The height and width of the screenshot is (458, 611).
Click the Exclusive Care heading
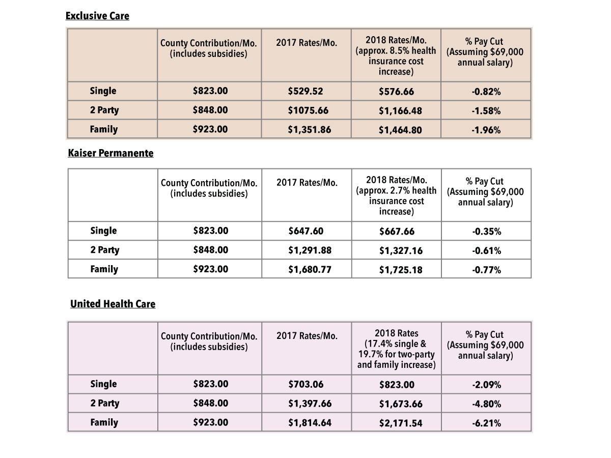97,16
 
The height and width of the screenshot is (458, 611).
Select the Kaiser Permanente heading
110,153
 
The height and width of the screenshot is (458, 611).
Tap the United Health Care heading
113,304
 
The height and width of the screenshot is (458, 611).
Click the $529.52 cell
305,91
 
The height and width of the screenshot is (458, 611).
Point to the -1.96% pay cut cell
486,130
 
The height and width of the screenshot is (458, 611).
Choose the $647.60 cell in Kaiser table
305,231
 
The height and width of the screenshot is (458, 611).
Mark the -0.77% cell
486,270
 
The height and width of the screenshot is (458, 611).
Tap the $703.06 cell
305,384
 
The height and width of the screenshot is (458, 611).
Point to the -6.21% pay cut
486,423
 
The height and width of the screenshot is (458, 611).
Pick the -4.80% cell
486,404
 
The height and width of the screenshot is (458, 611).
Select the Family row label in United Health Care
104,422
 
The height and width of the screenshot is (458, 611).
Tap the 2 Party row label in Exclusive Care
104,110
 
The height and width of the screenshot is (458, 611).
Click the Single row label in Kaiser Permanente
103,231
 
